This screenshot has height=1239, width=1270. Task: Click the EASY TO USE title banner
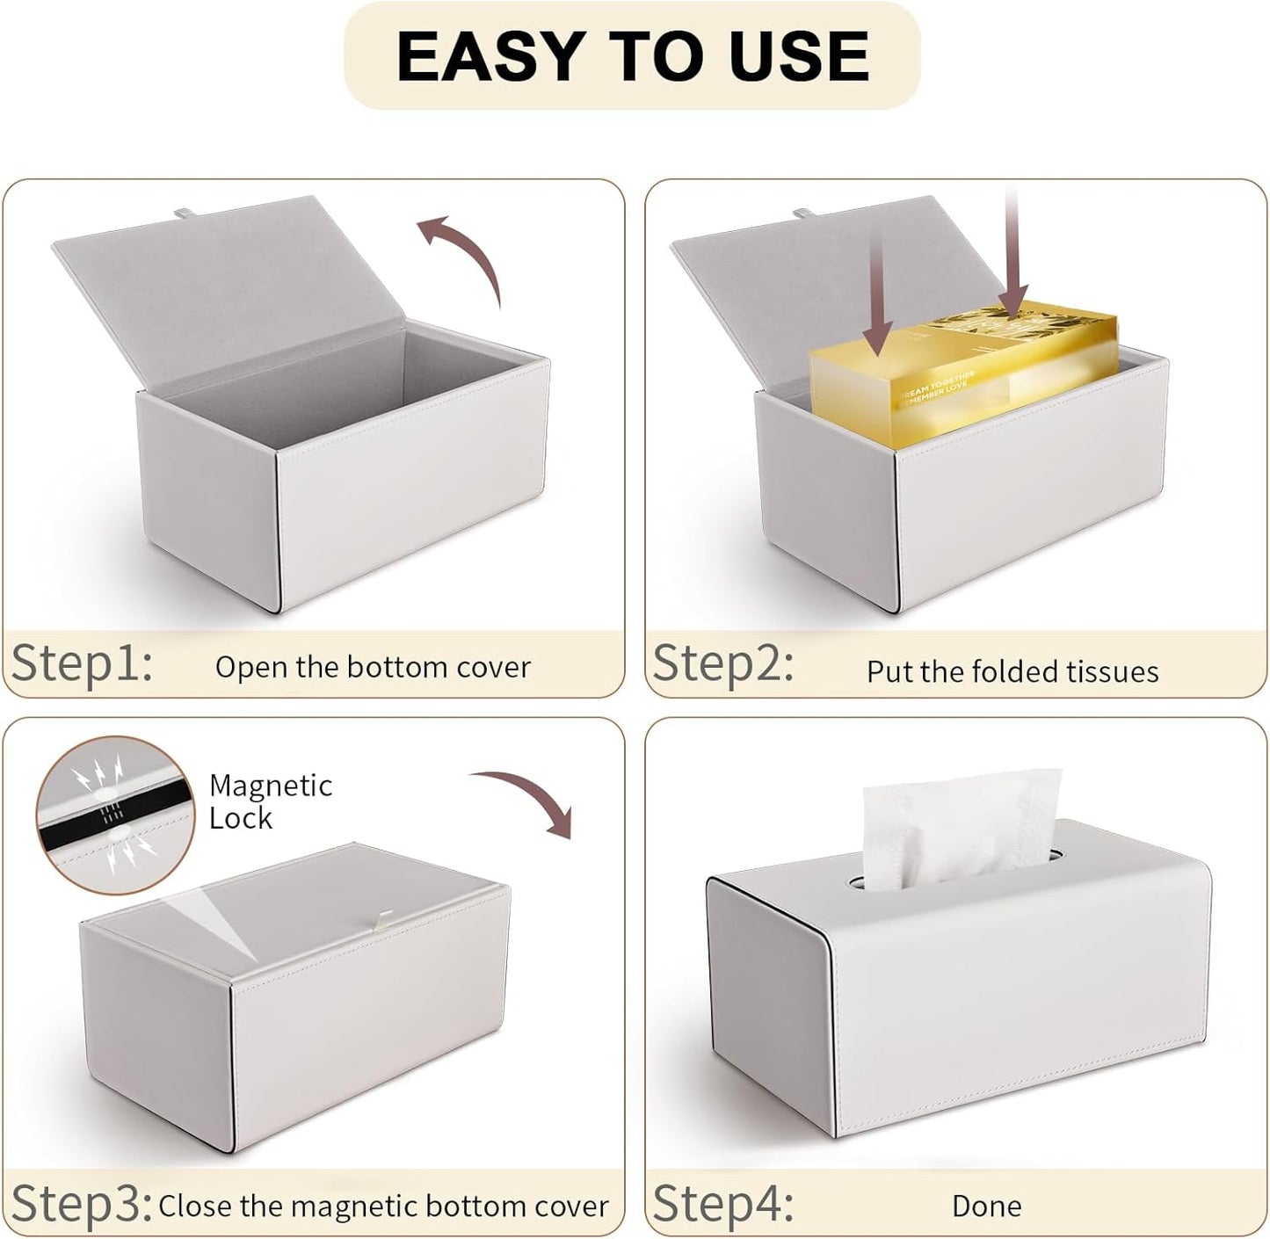632,56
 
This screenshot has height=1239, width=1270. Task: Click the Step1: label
82,663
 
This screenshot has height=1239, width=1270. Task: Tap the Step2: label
723,663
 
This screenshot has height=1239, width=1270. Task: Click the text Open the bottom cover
373,668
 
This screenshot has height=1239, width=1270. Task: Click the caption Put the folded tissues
1012,672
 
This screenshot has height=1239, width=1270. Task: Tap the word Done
986,1206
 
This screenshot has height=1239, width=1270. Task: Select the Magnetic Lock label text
270,801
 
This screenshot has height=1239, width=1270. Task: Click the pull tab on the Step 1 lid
182,213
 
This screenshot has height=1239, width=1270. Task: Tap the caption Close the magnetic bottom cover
383,1206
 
